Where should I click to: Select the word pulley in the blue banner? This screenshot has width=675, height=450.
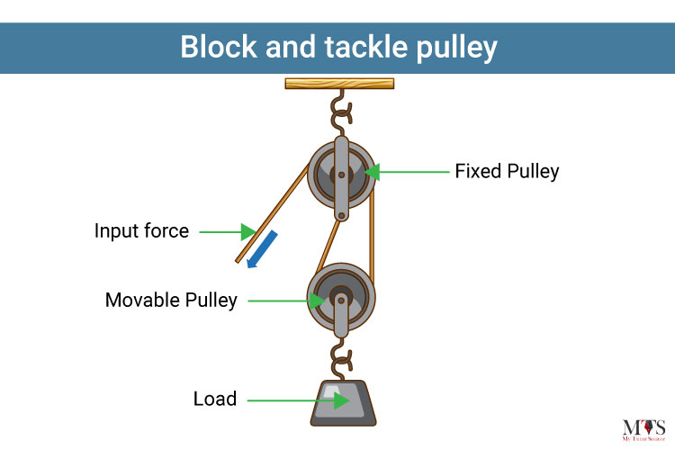click(456, 49)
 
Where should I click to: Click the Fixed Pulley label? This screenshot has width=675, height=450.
click(507, 171)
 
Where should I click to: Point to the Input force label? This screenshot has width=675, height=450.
click(141, 230)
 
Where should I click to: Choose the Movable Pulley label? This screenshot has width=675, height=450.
click(171, 300)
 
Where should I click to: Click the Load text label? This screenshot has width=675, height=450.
click(215, 399)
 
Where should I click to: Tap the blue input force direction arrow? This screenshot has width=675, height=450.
click(262, 249)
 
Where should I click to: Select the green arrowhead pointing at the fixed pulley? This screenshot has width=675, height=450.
click(373, 172)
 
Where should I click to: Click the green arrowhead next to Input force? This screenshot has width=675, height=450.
click(248, 231)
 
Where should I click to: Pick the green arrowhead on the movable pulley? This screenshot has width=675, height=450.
click(318, 301)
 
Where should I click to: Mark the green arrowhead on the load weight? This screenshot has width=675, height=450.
click(341, 400)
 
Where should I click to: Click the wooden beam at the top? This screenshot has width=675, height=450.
click(339, 84)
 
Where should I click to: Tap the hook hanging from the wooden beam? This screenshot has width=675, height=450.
click(341, 112)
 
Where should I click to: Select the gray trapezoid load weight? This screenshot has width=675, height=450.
click(343, 403)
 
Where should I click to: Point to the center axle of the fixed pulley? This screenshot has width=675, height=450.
click(341, 175)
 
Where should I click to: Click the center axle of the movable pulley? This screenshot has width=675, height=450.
click(341, 301)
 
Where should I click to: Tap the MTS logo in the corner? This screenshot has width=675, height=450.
click(643, 430)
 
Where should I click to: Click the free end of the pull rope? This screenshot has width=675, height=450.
click(238, 261)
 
